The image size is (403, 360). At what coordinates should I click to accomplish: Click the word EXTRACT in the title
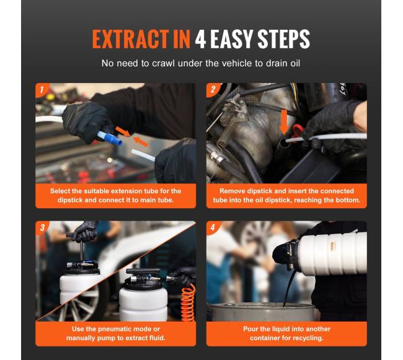click(x=130, y=39)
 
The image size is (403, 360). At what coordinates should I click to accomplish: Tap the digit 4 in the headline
click(x=200, y=39)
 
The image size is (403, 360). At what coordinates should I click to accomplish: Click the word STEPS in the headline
click(x=283, y=39)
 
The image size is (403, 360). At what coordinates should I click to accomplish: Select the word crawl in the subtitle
click(x=163, y=63)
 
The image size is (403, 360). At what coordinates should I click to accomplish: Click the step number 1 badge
click(x=41, y=90)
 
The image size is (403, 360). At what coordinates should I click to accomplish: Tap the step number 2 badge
click(x=213, y=90)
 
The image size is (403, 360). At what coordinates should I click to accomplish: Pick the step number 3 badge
click(x=42, y=227)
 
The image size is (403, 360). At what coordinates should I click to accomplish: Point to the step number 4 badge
click(x=212, y=227)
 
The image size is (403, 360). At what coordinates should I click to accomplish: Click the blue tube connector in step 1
click(x=110, y=138)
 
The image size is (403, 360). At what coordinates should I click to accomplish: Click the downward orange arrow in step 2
click(x=284, y=121)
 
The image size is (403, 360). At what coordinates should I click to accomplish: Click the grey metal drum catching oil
click(x=263, y=312)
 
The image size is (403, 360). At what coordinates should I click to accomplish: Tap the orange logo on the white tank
click(x=333, y=245)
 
